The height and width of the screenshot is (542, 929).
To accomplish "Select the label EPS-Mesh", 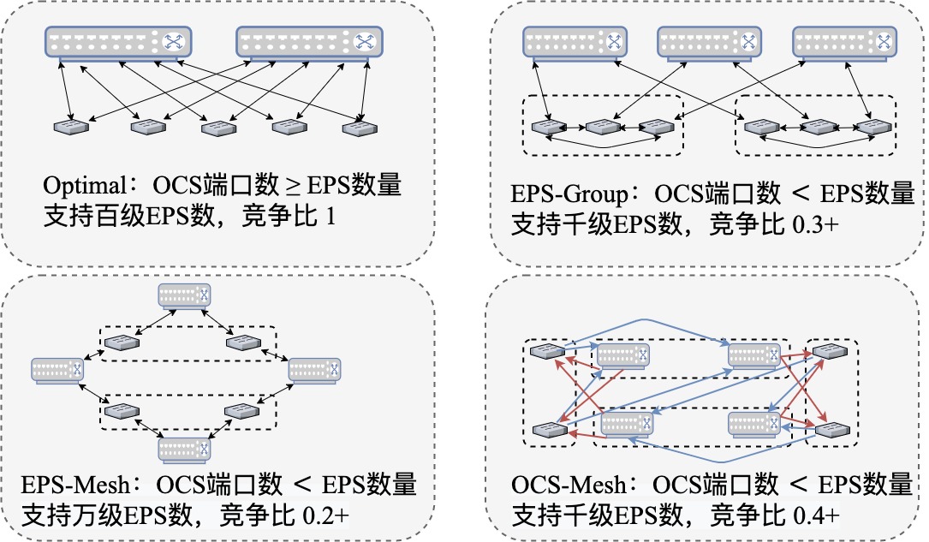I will coord(73,485).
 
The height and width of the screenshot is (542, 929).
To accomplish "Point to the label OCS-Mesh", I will coord(558,485).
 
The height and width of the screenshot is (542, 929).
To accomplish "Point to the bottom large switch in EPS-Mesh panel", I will coord(184,448).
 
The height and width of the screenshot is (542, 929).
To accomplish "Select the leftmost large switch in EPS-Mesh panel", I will coord(58,370).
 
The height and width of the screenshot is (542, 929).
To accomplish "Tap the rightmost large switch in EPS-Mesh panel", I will coord(314,370).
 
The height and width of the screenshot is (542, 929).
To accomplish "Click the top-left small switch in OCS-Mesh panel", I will coord(545,351).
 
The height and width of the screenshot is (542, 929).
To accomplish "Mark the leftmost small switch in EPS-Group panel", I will coord(545,127).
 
